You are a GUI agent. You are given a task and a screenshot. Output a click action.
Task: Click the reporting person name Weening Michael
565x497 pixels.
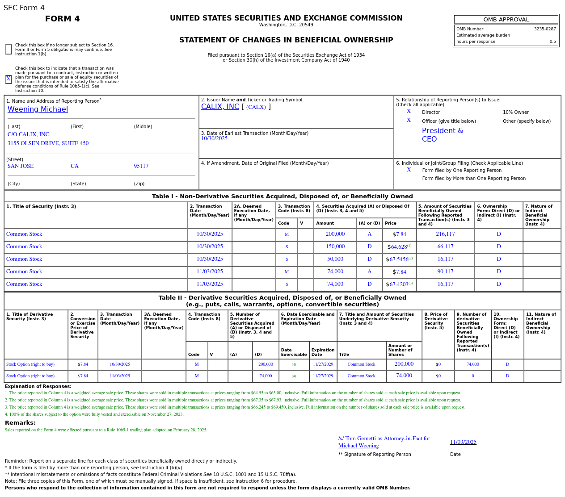click(x=38, y=109)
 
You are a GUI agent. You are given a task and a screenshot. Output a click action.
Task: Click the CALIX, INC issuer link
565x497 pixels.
click(x=220, y=107)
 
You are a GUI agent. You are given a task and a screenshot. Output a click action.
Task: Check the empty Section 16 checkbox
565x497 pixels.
click(x=8, y=50)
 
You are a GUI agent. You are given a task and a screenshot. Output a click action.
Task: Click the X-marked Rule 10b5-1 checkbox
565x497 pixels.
click(x=8, y=79)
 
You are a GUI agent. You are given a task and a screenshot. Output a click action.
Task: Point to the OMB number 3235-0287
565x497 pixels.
click(x=544, y=29)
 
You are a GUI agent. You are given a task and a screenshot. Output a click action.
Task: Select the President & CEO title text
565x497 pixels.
click(x=442, y=135)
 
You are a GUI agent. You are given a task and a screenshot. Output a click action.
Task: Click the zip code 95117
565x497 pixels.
click(x=141, y=166)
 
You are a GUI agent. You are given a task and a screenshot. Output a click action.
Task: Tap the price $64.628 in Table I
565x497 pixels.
click(x=399, y=247)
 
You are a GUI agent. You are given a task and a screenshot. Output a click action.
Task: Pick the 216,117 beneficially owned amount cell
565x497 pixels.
click(x=445, y=234)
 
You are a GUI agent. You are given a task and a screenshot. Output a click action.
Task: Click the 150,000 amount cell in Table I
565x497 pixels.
click(x=335, y=247)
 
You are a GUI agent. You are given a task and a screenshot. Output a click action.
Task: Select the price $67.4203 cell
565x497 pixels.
click(x=399, y=284)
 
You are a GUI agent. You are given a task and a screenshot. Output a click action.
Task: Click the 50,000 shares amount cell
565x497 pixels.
click(x=335, y=259)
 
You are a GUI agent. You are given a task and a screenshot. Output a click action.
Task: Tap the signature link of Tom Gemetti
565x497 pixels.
click(x=384, y=442)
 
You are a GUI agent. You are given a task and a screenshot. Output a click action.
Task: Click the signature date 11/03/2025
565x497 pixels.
click(x=463, y=442)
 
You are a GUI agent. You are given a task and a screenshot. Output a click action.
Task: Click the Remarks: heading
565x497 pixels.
click(x=20, y=423)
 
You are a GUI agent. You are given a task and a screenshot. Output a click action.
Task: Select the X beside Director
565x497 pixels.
click(x=409, y=112)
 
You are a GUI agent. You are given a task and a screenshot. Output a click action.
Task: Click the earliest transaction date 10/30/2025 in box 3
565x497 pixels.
click(x=214, y=139)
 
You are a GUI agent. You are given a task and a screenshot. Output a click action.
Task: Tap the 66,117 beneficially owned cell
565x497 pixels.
click(x=445, y=247)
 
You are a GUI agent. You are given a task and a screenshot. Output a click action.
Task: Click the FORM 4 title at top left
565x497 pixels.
click(x=62, y=19)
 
